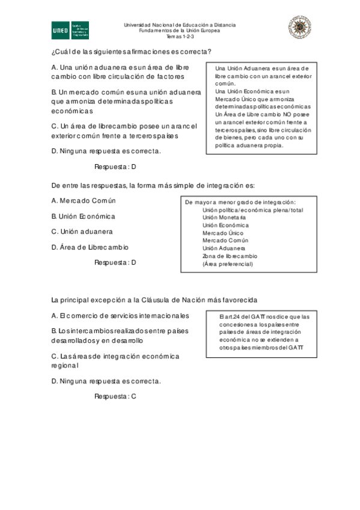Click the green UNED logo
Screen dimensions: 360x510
click(x=70, y=29)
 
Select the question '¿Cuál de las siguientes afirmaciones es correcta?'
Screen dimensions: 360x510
click(x=131, y=52)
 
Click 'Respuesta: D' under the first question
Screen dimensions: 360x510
click(x=116, y=167)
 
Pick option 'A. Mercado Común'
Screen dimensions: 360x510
click(x=84, y=200)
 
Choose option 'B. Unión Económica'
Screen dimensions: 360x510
click(x=84, y=216)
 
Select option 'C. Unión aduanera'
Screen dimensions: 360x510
click(x=82, y=232)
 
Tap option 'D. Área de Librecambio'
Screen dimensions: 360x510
click(x=90, y=247)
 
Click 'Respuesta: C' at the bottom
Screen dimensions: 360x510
click(x=116, y=396)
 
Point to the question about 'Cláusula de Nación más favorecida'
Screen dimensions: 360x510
click(x=154, y=300)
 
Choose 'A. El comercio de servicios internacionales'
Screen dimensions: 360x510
click(x=120, y=316)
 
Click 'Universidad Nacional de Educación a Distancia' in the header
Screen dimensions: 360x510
click(x=180, y=25)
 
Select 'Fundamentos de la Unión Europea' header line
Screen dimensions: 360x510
click(x=180, y=31)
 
